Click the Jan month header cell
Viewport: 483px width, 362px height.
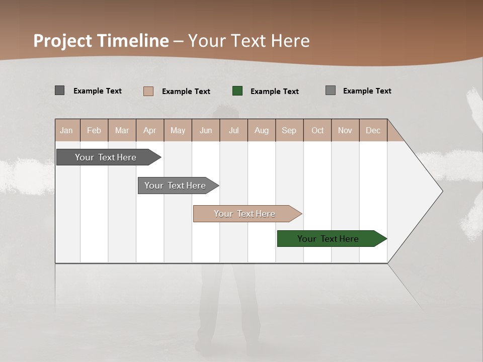pyautogui.click(x=67, y=130)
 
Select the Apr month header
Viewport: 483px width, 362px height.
pyautogui.click(x=150, y=130)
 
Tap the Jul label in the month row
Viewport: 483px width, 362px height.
pyautogui.click(x=233, y=130)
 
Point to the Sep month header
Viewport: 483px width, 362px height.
pyautogui.click(x=289, y=130)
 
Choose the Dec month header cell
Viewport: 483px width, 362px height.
pyautogui.click(x=373, y=130)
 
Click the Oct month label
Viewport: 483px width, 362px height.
pyautogui.click(x=317, y=130)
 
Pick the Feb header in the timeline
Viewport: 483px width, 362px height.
pyautogui.click(x=94, y=130)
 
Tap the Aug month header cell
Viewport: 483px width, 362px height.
pyautogui.click(x=261, y=130)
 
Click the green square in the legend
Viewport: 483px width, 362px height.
pyautogui.click(x=237, y=91)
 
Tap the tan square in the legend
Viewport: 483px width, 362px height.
pyautogui.click(x=148, y=91)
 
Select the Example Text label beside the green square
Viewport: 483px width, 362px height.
pyautogui.click(x=274, y=92)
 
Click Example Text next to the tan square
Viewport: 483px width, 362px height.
pyautogui.click(x=186, y=92)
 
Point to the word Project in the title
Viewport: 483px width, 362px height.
pyautogui.click(x=63, y=41)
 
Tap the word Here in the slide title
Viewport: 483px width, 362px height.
pyautogui.click(x=290, y=41)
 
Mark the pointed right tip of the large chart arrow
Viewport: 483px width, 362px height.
pyautogui.click(x=442, y=191)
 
